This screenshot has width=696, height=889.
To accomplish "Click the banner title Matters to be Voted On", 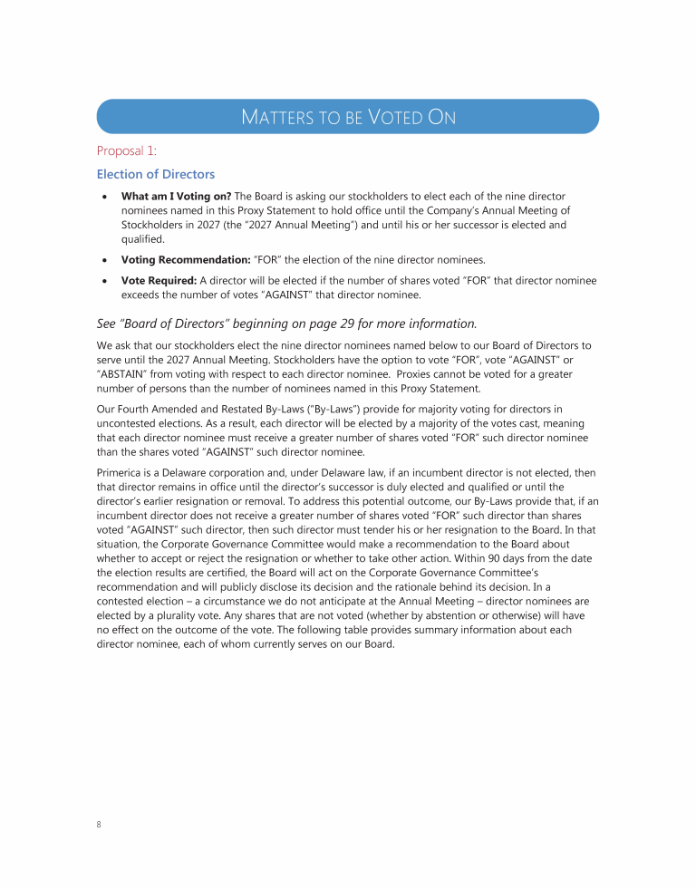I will pos(348,117).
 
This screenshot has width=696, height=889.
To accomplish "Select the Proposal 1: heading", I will pos(127,150).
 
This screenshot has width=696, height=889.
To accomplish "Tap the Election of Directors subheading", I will pos(156,174).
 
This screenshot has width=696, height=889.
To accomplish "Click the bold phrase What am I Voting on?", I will pos(176,197).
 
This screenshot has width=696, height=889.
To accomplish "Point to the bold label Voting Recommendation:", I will pos(186,259).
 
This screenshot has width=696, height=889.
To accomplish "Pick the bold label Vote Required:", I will pos(159,281).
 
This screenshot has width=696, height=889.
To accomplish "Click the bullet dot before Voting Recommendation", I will pos(105,260).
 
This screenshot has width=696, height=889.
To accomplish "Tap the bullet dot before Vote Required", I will pos(105,282).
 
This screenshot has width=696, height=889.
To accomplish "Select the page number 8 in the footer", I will pos(99,825).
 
